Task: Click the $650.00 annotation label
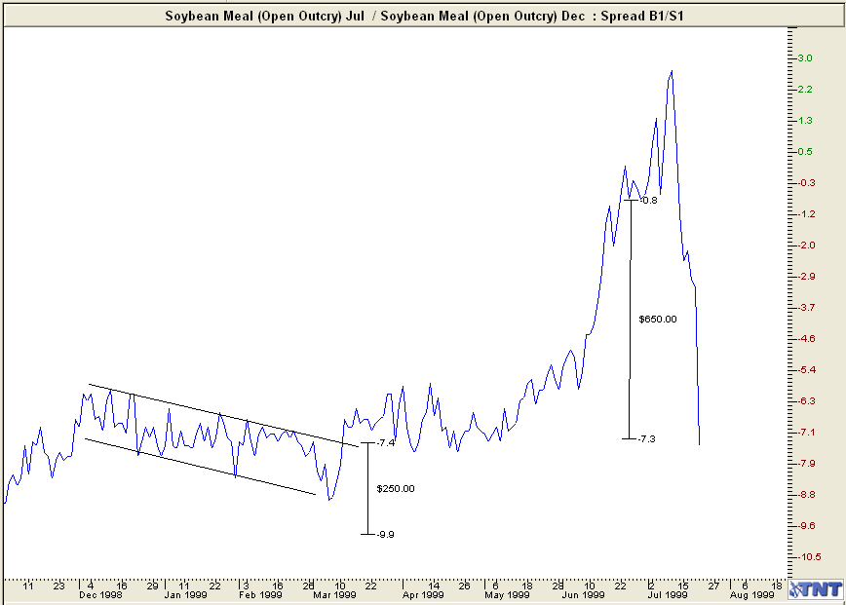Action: (x=657, y=319)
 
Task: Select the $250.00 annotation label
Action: (x=396, y=488)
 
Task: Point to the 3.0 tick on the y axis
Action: (x=806, y=58)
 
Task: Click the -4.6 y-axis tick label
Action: (x=806, y=339)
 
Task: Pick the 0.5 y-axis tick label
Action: (x=806, y=152)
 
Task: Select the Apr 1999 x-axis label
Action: (x=420, y=593)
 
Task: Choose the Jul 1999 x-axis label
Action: (x=671, y=593)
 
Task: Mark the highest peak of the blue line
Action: (x=672, y=71)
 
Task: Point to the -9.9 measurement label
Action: (x=385, y=534)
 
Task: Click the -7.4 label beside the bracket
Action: (x=385, y=443)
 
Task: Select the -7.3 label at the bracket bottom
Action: (x=646, y=439)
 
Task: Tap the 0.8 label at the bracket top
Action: (x=649, y=201)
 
